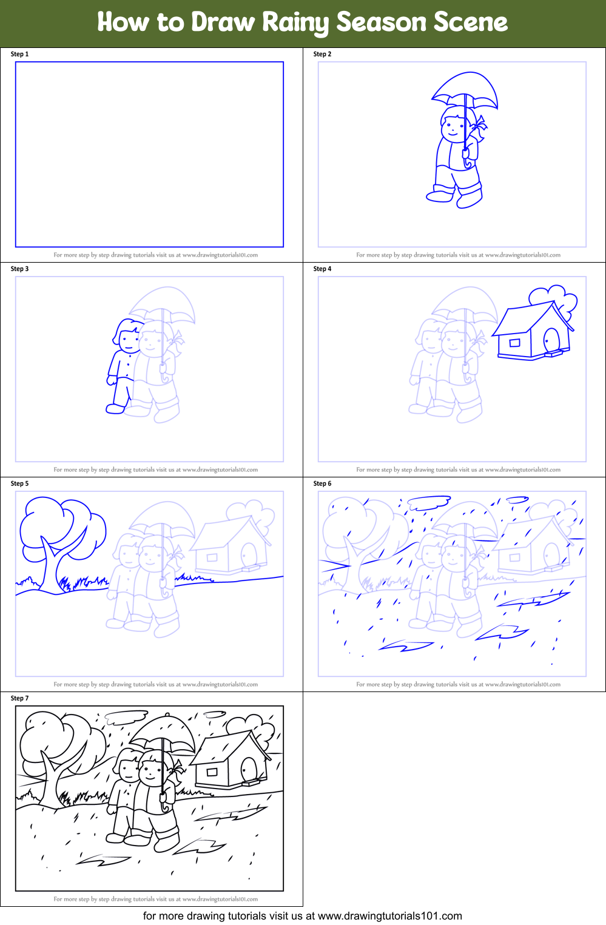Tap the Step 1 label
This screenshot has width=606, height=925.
[20, 54]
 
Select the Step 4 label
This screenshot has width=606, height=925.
[322, 269]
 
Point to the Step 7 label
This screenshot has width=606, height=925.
[20, 698]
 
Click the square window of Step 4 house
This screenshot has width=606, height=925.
[515, 343]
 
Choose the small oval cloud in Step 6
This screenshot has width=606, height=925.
[517, 499]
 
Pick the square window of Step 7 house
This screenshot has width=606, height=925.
[212, 772]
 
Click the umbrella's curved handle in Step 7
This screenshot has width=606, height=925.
[165, 802]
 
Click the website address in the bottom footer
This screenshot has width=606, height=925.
[390, 916]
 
